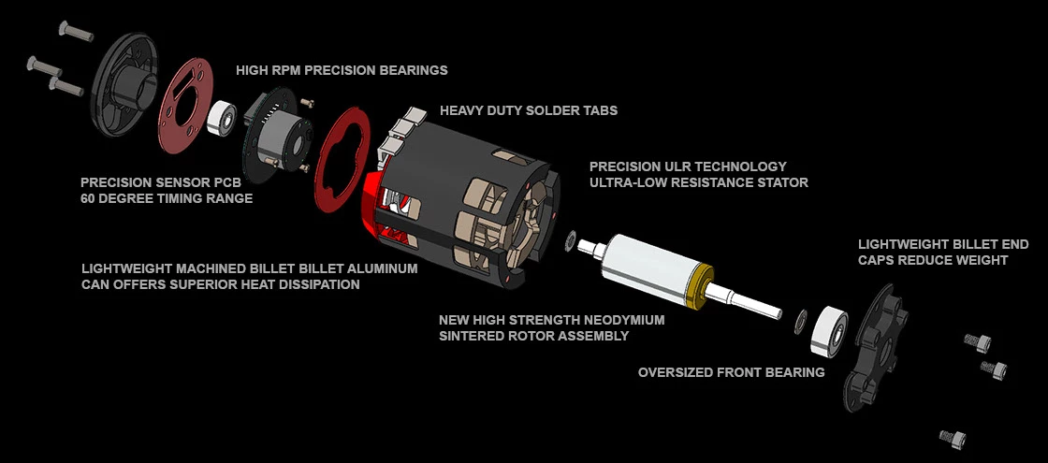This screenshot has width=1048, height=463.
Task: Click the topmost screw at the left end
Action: click(76, 31)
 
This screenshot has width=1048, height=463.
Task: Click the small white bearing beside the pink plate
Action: click(222, 118)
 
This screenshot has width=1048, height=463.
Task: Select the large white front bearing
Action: click(829, 330)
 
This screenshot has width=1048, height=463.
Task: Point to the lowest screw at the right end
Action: click(953, 438)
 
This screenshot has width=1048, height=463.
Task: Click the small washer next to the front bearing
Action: click(799, 321)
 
